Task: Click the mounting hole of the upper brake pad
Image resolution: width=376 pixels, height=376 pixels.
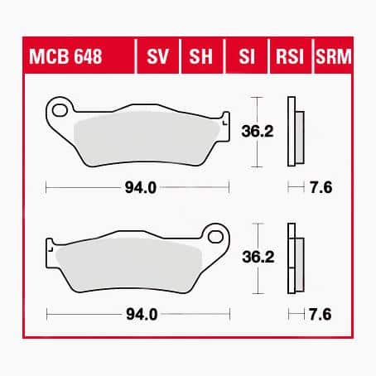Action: pyautogui.click(x=58, y=108)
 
